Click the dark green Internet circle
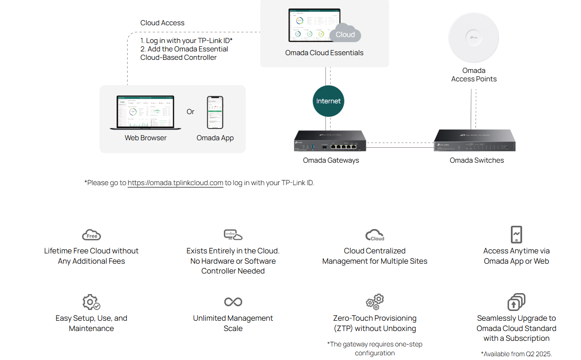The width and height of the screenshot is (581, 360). pos(328,101)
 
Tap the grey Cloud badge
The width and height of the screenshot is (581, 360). pos(345,34)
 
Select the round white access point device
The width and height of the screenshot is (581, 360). pos(473,37)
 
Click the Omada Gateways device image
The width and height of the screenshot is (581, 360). pos(330,141)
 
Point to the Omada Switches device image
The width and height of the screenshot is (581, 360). pos(474,141)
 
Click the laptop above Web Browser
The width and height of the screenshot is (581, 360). pos(145,112)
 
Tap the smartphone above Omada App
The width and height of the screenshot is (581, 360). pos(215,112)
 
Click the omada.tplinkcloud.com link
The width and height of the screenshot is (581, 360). pos(175,183)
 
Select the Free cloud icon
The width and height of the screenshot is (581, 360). pos(91,235)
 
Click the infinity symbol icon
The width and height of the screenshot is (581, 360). pos(233,302)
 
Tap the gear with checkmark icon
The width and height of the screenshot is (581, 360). pos(91,302)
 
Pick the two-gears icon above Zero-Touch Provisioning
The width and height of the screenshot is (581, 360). pos(375,302)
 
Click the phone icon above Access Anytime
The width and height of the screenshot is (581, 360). pos(516,234)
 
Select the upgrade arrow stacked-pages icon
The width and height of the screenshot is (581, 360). pos(516,302)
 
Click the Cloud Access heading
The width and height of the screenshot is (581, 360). pos(162,23)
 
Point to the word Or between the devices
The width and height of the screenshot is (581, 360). pos(190,112)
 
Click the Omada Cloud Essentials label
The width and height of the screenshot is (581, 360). pos(324,53)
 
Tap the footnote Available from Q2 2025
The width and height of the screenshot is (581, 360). pos(516,354)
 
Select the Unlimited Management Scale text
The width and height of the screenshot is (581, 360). pos(233,323)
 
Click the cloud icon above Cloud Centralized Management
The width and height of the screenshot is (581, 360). pos(375,235)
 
